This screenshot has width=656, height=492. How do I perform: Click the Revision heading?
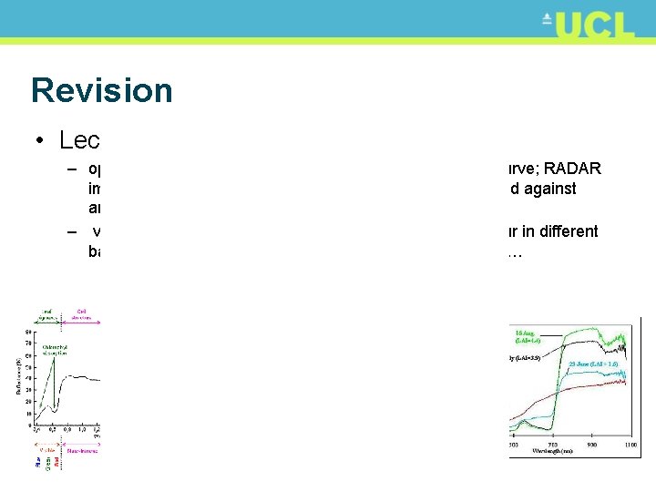101,90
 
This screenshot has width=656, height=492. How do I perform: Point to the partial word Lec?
79,139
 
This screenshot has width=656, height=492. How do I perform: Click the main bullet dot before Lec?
38,140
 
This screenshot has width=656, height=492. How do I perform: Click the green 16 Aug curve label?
529,334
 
